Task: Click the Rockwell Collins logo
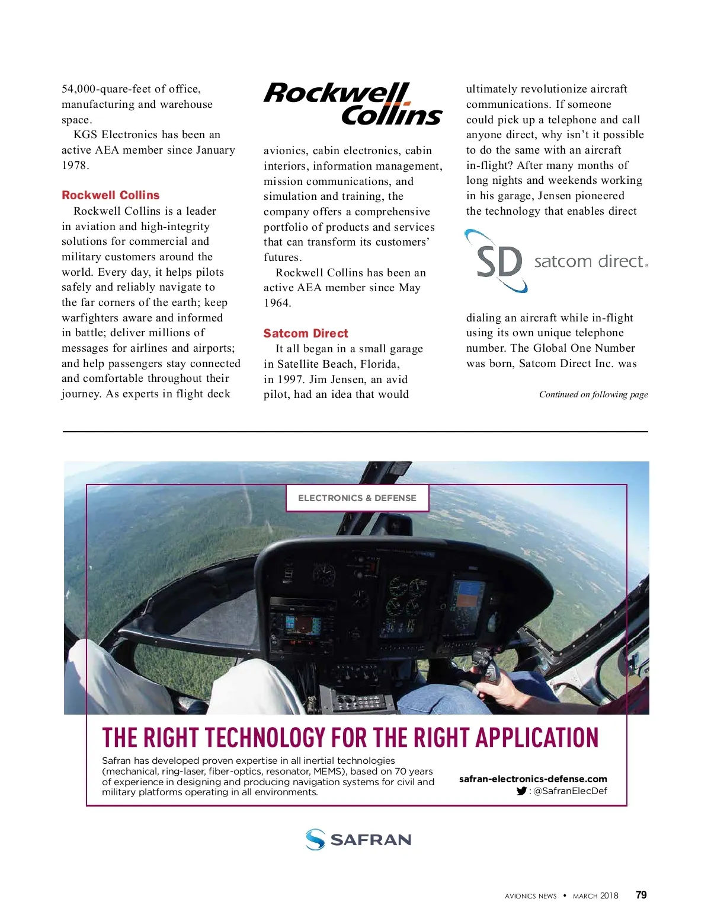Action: click(x=353, y=104)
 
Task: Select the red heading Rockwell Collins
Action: click(x=111, y=195)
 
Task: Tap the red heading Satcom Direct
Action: click(x=306, y=333)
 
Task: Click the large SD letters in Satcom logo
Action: click(x=499, y=262)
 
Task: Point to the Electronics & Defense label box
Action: click(x=357, y=498)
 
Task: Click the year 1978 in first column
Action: click(x=75, y=165)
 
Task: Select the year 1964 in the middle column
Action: click(x=277, y=303)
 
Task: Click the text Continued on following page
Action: click(x=593, y=394)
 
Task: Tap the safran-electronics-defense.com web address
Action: click(x=533, y=779)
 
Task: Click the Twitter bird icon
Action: click(x=521, y=791)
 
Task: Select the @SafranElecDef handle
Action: click(x=570, y=791)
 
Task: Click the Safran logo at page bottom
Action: click(x=358, y=840)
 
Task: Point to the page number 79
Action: click(x=641, y=895)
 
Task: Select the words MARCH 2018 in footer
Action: click(x=595, y=896)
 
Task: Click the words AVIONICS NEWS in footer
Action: click(x=530, y=896)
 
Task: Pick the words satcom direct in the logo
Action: click(x=589, y=262)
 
